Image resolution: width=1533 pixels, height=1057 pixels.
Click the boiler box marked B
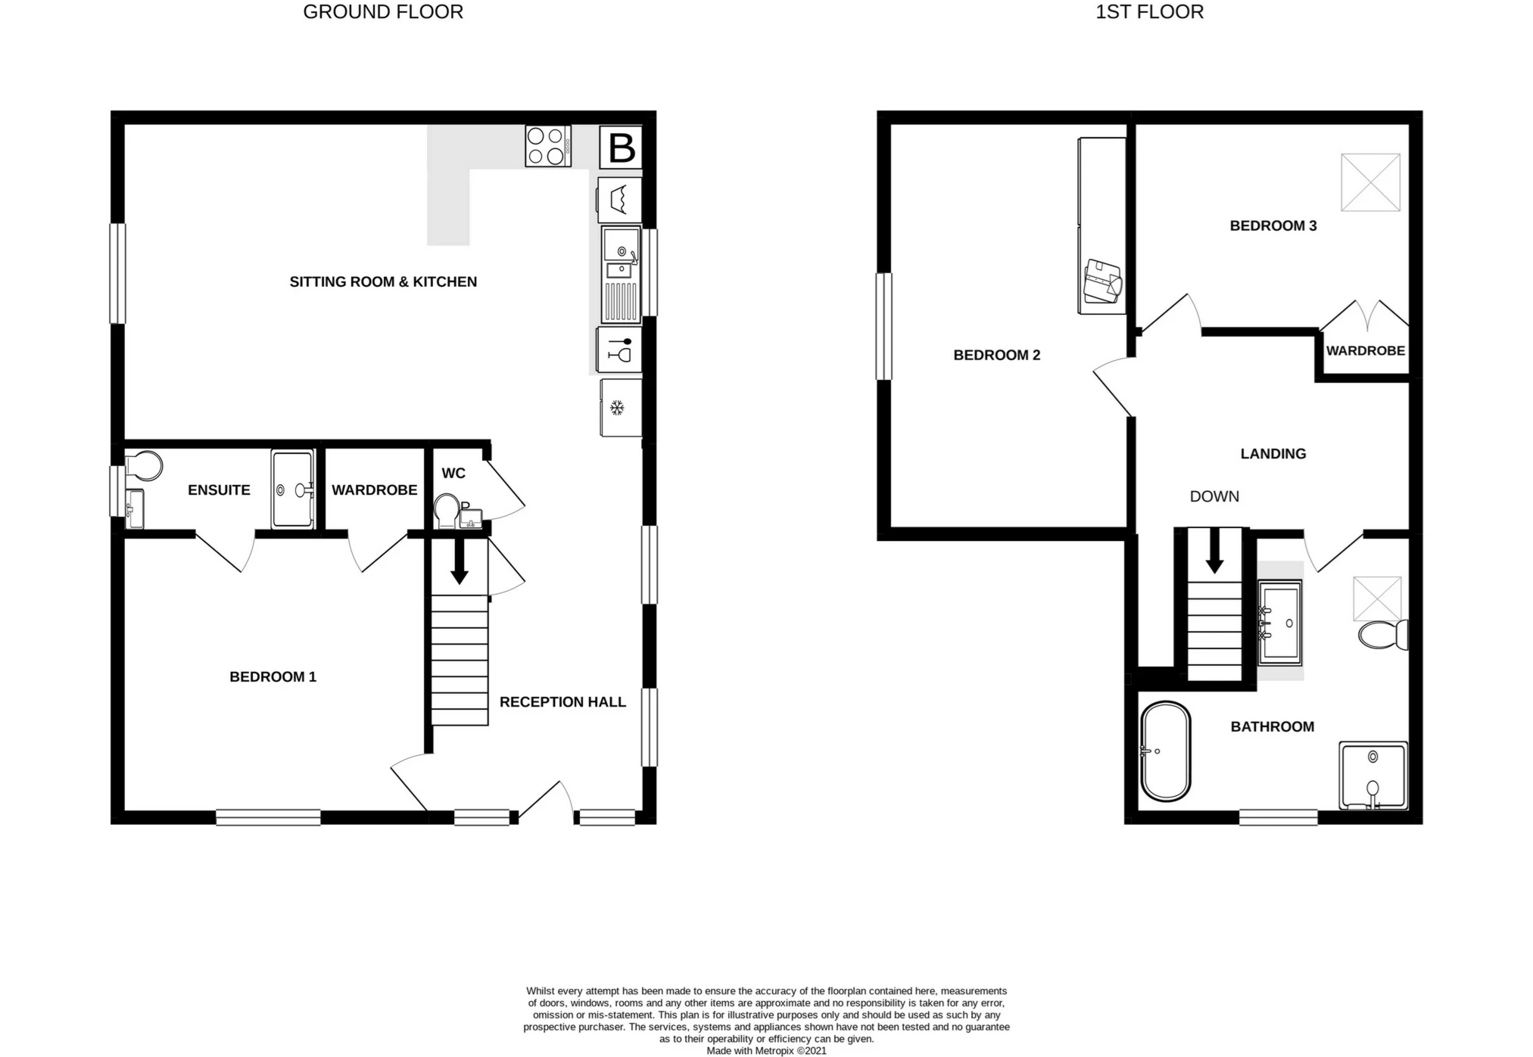point(621,148)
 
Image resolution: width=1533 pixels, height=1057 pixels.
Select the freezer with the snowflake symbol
point(620,408)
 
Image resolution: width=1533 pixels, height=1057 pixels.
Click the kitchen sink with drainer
point(621,274)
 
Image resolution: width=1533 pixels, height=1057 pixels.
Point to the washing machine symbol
point(619,200)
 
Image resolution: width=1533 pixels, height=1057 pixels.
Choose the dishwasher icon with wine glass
point(618,350)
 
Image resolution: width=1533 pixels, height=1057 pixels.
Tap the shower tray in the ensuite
point(292,490)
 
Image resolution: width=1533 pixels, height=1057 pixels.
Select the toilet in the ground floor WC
point(447,511)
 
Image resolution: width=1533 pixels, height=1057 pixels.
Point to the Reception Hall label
point(562,702)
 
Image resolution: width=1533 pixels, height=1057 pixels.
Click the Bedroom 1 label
point(273,677)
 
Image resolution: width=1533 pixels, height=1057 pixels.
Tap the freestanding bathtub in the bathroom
point(1165,751)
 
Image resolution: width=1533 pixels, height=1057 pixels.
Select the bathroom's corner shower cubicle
point(1373,776)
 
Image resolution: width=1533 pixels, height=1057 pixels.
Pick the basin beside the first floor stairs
point(1279,622)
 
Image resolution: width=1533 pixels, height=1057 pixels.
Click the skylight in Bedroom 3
point(1370,182)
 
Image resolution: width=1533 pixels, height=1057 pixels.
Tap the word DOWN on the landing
point(1214,497)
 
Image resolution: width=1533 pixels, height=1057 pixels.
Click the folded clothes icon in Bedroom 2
point(1102,281)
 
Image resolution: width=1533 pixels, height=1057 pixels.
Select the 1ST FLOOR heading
point(1149,12)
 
